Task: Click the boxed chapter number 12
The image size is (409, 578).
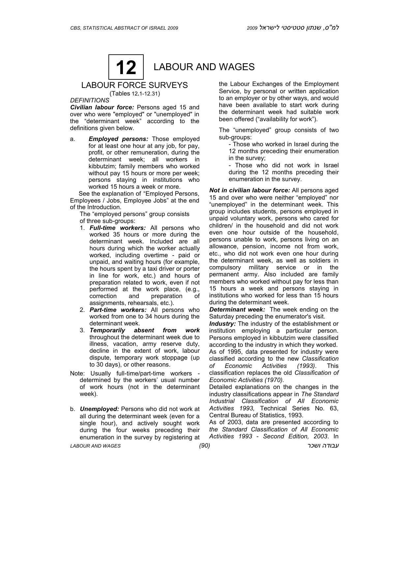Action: (x=126, y=67)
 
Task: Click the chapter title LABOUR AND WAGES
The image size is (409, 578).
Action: (x=204, y=67)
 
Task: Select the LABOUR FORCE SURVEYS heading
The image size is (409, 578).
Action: (x=134, y=85)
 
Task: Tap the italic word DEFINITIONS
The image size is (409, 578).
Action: (x=90, y=100)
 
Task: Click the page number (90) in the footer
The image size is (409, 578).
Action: (x=204, y=446)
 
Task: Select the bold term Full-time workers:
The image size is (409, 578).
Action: (x=117, y=228)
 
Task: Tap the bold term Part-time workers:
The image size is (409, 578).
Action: (x=118, y=310)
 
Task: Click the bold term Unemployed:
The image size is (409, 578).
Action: (x=99, y=409)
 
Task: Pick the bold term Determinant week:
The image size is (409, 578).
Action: (x=237, y=309)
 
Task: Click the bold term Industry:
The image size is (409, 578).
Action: (x=222, y=324)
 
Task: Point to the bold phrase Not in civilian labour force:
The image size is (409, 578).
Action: (x=249, y=190)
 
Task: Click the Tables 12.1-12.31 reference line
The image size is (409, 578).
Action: (x=134, y=94)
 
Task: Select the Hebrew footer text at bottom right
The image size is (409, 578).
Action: (x=323, y=446)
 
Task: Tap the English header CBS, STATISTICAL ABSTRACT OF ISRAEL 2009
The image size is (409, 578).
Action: (x=124, y=28)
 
